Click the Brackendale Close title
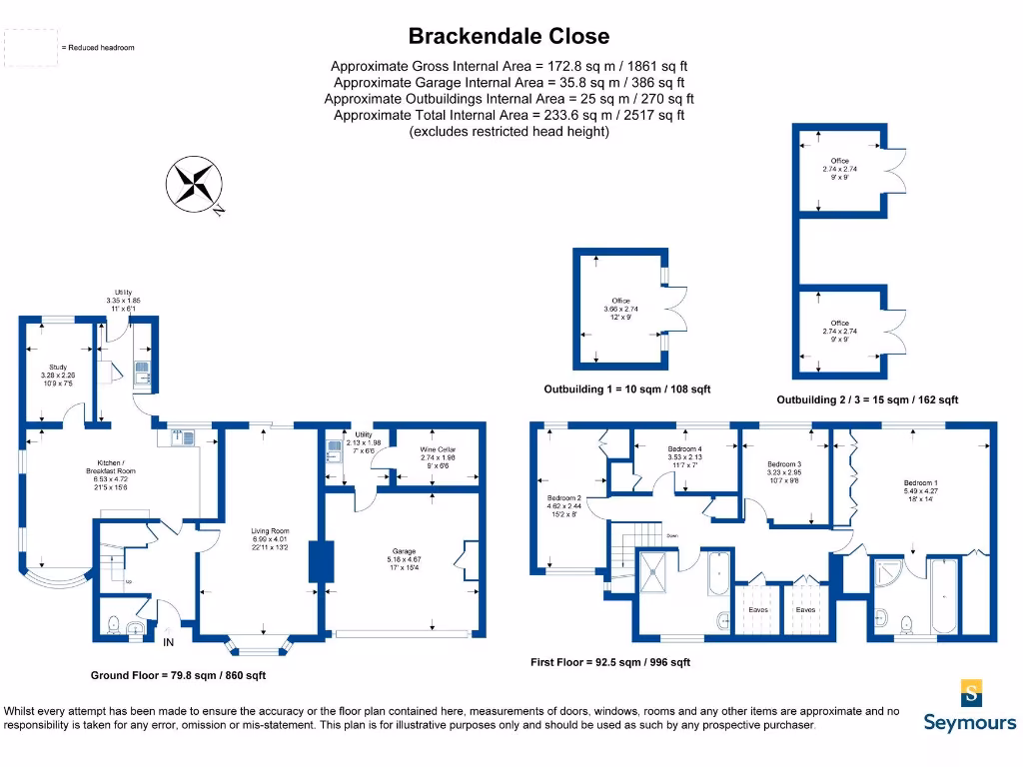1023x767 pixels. pyautogui.click(x=509, y=37)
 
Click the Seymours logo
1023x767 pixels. pyautogui.click(x=970, y=706)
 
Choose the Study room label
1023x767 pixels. pyautogui.click(x=58, y=375)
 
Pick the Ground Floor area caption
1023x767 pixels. pyautogui.click(x=178, y=676)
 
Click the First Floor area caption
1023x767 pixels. pyautogui.click(x=609, y=662)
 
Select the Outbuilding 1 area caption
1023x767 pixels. pyautogui.click(x=626, y=389)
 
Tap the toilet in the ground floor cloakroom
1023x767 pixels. pyautogui.click(x=114, y=625)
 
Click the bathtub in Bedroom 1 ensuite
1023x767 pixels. pyautogui.click(x=943, y=597)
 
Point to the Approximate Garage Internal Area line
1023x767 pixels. pyautogui.click(x=509, y=83)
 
